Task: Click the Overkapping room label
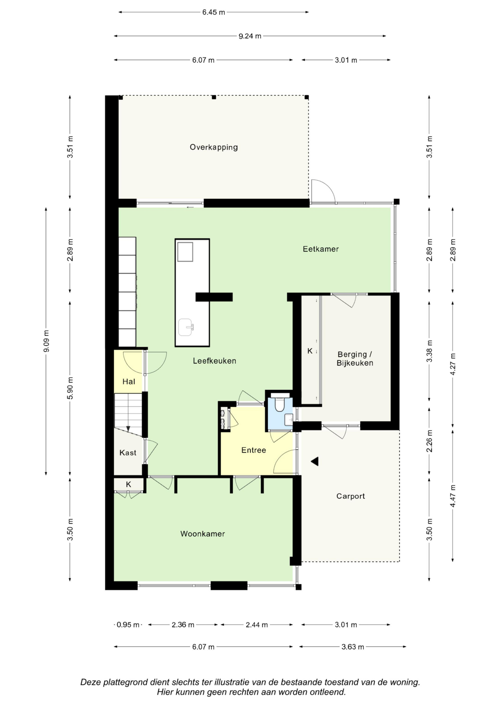(214, 147)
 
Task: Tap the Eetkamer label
(321, 249)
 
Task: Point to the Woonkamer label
(203, 534)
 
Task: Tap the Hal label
(129, 382)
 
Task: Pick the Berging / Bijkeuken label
(355, 359)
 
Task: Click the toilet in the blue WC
(279, 403)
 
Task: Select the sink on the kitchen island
(186, 327)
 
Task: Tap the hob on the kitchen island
(185, 252)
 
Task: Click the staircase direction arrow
(128, 429)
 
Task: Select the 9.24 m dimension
(250, 36)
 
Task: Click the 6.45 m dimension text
(213, 12)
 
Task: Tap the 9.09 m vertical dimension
(46, 341)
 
